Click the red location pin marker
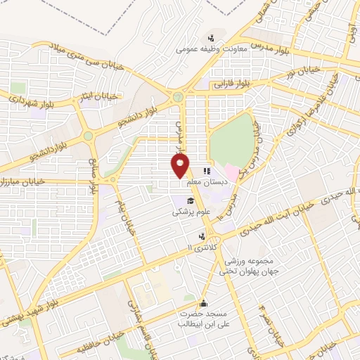pyautogui.click(x=181, y=165)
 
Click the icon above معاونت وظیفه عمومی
pyautogui.click(x=210, y=38)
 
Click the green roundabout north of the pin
pyautogui.click(x=178, y=97)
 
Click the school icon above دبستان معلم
pyautogui.click(x=207, y=170)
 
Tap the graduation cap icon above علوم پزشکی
pyautogui.click(x=181, y=201)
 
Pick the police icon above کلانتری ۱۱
pyautogui.click(x=202, y=236)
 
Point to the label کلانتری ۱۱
pyautogui.click(x=202, y=247)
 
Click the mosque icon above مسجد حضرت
pyautogui.click(x=204, y=303)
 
